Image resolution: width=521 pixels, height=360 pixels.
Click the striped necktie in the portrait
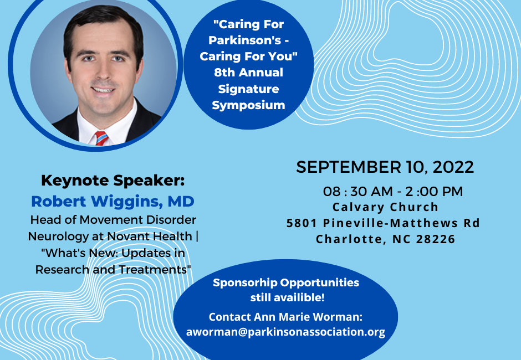[101, 138]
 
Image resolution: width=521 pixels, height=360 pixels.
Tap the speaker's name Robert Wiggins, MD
[113, 201]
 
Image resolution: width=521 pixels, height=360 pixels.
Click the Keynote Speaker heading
[113, 181]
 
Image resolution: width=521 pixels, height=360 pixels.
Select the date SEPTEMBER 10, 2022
[385, 167]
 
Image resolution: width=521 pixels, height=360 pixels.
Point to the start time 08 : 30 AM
[358, 191]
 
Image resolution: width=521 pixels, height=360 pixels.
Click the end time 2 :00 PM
[434, 191]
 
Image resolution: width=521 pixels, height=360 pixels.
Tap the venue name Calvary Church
[385, 207]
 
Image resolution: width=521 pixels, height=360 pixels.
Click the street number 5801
[302, 223]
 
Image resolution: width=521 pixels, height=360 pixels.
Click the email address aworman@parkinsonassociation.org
[285, 332]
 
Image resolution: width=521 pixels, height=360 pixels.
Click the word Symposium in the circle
[248, 105]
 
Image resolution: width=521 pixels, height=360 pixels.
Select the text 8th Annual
[248, 73]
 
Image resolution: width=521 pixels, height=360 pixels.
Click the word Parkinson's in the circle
[245, 40]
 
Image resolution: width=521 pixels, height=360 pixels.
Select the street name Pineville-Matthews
[391, 223]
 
